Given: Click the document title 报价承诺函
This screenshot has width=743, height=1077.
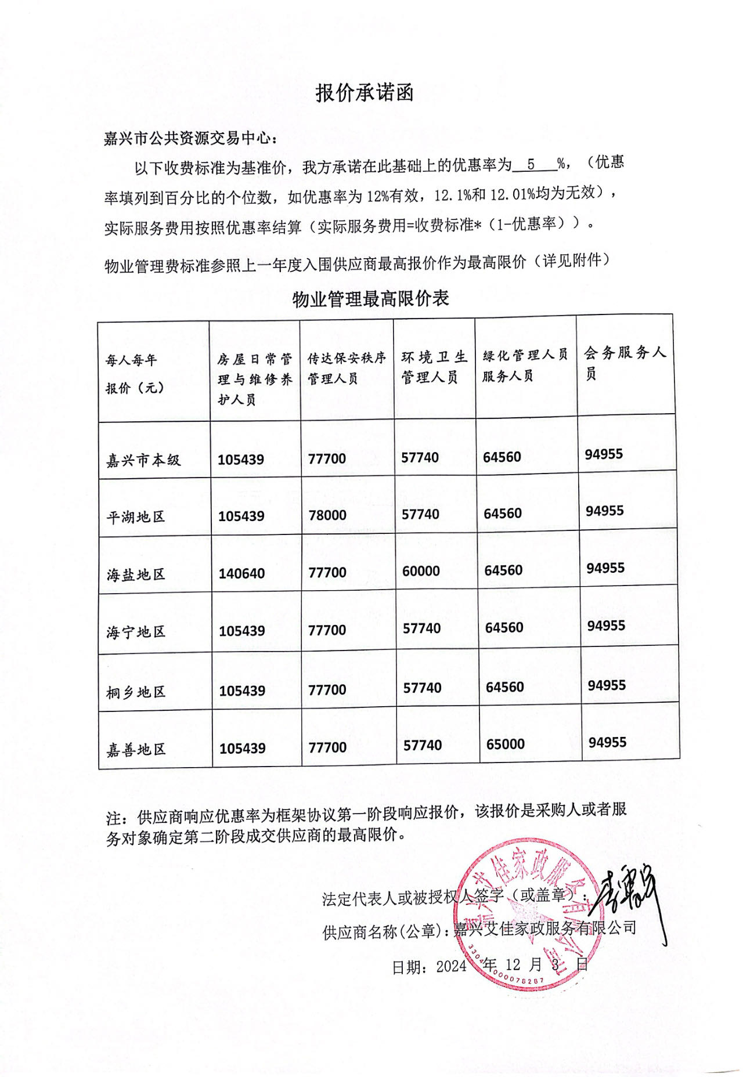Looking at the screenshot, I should point(364,93).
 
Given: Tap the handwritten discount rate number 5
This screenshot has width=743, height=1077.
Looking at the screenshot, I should point(531,164).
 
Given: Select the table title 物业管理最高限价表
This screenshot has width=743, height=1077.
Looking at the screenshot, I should point(370,299).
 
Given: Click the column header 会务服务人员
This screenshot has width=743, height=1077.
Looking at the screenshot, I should point(625,362).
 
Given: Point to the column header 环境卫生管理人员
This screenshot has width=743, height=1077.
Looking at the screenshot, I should point(434,367).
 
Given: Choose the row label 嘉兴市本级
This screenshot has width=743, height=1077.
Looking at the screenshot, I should point(143,460).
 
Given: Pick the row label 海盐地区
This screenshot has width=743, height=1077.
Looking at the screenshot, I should point(136,574).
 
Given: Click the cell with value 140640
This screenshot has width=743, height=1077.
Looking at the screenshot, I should point(241,574).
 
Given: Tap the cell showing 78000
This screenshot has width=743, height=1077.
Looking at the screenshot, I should point(327,515).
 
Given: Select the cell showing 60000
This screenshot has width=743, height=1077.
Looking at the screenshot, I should point(421,571).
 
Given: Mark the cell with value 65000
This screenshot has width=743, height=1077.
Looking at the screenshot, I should point(505,744).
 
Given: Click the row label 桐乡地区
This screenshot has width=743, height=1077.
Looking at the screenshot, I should point(136,692).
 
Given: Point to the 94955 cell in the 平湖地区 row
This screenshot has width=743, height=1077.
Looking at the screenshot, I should point(604,511).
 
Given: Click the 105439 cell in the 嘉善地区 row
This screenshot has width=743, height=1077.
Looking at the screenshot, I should point(242,749).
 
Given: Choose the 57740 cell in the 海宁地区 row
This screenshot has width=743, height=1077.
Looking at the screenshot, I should point(422,628).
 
